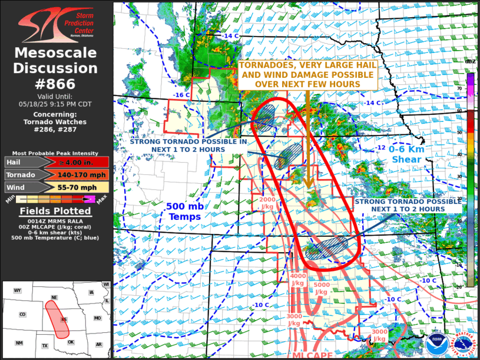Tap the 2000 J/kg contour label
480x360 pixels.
267,203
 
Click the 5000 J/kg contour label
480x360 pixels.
321,289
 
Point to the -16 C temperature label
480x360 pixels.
181,95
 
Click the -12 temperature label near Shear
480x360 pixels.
381,148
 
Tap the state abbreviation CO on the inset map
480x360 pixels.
22,315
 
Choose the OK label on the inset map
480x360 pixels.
71,342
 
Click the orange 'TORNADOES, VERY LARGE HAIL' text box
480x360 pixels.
306,75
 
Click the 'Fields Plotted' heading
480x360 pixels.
56,211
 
